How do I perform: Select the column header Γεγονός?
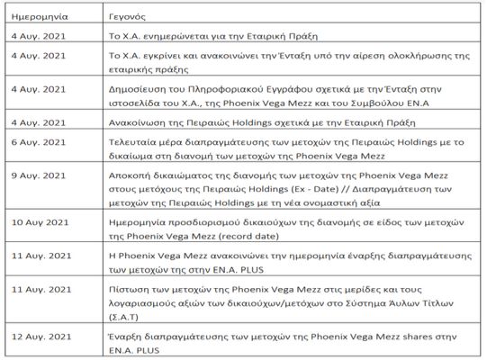pos(122,16)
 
